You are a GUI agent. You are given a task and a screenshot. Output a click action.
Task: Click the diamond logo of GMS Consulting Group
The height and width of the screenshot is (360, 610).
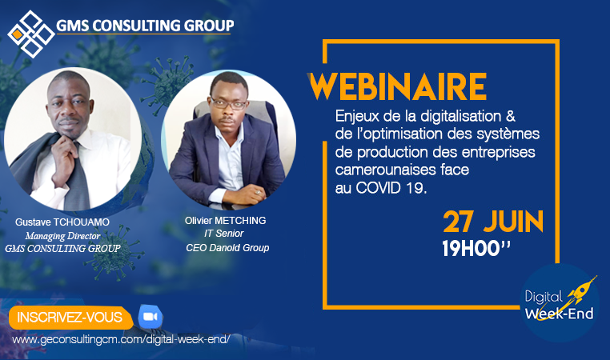coord(31,34)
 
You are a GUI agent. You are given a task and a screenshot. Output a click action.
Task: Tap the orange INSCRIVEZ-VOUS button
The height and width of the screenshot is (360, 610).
coord(70,318)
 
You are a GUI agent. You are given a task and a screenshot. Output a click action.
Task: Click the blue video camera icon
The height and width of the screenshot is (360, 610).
coord(150,317)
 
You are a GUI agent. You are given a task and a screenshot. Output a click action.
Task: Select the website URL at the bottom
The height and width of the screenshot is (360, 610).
coord(121,339)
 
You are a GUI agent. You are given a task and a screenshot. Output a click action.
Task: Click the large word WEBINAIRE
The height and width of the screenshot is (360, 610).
coord(397,86)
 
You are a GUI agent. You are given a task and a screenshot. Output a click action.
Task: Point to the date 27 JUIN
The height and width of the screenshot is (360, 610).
coord(493,222)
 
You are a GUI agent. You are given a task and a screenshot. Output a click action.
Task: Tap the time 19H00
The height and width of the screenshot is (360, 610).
coord(476,249)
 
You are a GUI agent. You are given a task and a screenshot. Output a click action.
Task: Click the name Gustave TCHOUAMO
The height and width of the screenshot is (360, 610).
coord(62,222)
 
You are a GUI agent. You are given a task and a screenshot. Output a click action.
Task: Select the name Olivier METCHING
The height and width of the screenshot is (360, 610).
coord(225,221)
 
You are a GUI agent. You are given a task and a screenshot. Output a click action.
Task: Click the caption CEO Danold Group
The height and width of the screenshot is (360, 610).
coord(227,248)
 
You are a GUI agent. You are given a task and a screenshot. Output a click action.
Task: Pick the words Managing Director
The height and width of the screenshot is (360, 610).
coord(62,235)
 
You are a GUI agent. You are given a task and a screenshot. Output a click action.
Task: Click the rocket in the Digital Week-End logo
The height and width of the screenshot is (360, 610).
coord(580,290)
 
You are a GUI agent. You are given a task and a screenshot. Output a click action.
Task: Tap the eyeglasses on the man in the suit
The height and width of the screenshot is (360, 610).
coord(229,104)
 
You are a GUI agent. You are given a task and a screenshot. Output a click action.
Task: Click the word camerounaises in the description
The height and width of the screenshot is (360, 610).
coord(378,170)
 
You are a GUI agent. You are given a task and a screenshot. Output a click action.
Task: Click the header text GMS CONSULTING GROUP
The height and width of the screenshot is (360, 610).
coord(145,26)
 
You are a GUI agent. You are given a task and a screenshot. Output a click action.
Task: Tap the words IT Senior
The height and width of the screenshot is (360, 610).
coord(224,234)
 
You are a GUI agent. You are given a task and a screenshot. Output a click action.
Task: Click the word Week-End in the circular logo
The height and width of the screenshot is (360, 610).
coord(559,314)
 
